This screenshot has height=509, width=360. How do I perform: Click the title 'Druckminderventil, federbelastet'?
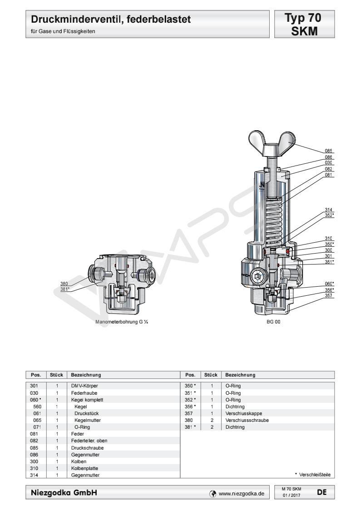[111, 20]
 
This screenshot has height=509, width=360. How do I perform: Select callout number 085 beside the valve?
[329, 151]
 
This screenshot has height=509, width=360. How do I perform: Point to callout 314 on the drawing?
[329, 210]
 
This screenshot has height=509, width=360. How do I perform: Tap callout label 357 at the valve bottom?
[329, 295]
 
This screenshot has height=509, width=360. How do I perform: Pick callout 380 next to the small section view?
[64, 284]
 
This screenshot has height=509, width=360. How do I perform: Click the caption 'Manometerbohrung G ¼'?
[122, 322]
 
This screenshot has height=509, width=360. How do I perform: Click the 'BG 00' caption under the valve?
[273, 322]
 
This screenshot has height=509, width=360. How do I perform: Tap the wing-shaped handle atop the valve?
[272, 143]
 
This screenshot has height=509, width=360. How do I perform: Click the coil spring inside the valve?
[274, 221]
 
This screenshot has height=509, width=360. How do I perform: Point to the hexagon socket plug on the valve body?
[259, 277]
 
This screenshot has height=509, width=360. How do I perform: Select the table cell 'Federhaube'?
[84, 393]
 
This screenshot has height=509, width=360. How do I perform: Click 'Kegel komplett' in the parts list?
[87, 400]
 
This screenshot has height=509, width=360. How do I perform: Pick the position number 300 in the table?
[34, 462]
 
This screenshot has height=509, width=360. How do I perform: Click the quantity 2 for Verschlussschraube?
[212, 421]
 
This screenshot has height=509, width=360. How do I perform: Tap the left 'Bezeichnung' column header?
[86, 375]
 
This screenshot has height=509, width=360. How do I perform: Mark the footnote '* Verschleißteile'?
[313, 475]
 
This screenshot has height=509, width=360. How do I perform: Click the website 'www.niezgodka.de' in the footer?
[242, 494]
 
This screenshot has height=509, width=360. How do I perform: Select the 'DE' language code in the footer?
[322, 492]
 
